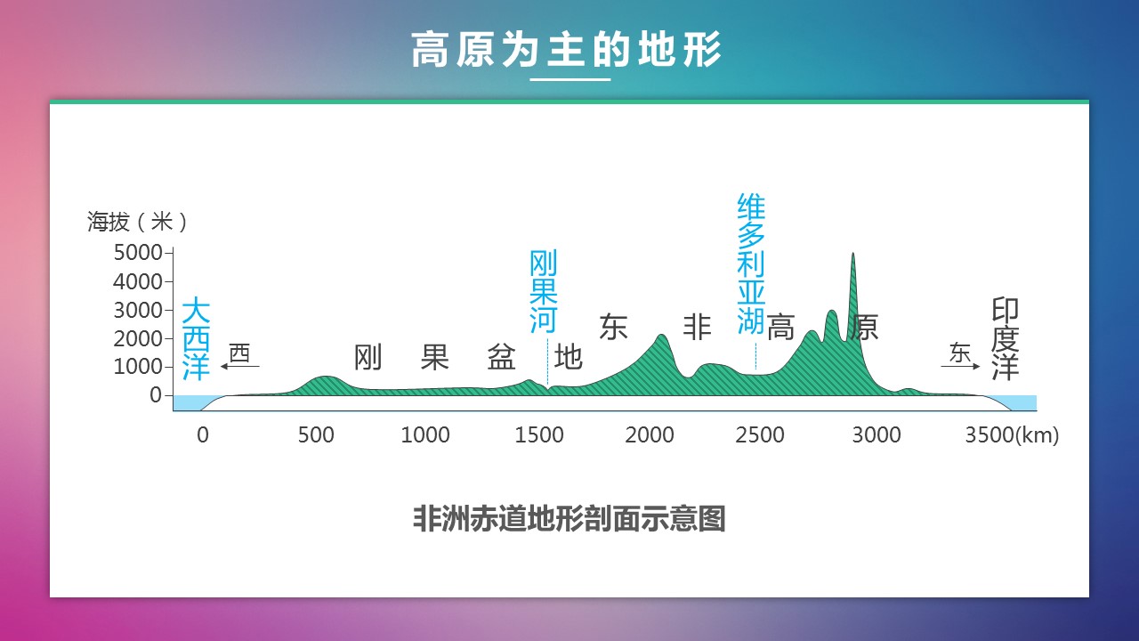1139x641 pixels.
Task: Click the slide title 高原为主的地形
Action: [x=567, y=49]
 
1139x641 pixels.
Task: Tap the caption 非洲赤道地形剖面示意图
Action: [x=569, y=518]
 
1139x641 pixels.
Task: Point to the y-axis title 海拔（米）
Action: [x=137, y=222]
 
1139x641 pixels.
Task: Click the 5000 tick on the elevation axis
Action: [x=137, y=252]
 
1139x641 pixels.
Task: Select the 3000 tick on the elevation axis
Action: [x=137, y=311]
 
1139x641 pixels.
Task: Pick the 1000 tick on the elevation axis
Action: [x=137, y=367]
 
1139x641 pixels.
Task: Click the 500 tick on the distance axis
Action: [x=316, y=435]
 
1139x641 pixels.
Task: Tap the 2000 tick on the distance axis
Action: [x=650, y=435]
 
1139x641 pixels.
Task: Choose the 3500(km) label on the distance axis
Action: [x=1012, y=435]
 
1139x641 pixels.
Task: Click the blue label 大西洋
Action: [x=196, y=339]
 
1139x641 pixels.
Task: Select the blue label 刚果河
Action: [x=543, y=291]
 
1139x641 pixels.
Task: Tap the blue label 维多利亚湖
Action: [x=751, y=264]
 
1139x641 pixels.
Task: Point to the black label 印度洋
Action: [x=1006, y=339]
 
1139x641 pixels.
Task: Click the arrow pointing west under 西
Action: [x=240, y=366]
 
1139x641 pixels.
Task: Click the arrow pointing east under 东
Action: [x=960, y=366]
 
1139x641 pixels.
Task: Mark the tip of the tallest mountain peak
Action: [x=852, y=254]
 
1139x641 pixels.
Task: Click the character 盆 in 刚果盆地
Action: [x=501, y=357]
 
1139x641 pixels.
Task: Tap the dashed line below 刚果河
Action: [x=547, y=361]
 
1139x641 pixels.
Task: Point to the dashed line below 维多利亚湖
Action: [x=755, y=356]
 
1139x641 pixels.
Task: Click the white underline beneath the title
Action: [x=570, y=79]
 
